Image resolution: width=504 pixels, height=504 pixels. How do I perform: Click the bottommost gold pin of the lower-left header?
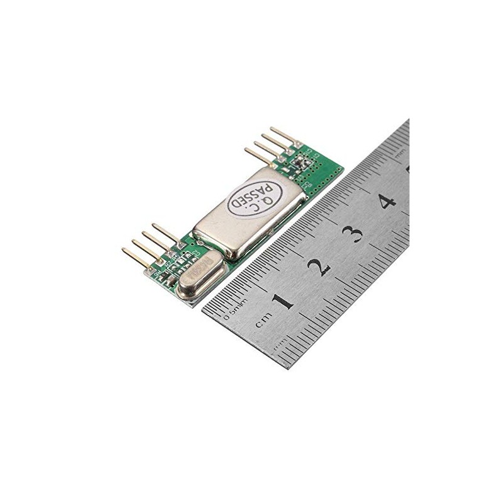click(135, 255)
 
